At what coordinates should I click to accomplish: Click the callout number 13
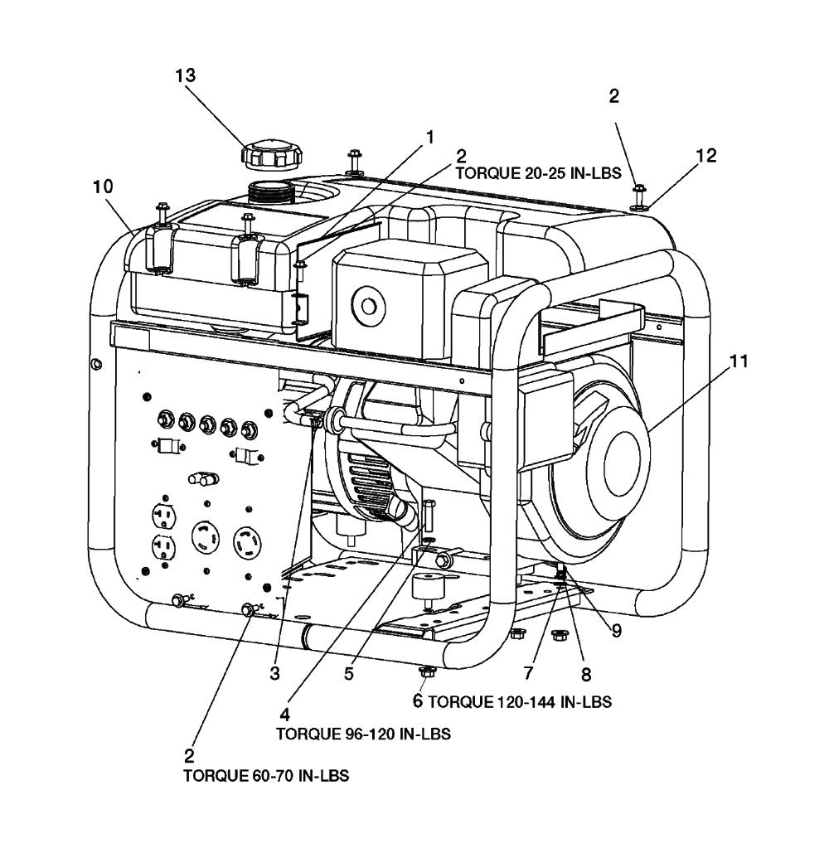tap(186, 75)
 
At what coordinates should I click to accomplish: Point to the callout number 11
tap(739, 361)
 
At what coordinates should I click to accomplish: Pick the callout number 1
tap(429, 135)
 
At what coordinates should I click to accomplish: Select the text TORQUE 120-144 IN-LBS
tap(520, 702)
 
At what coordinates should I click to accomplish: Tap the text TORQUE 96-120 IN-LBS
tap(363, 734)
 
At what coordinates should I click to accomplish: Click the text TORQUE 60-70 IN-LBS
tap(265, 776)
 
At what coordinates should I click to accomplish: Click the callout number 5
tap(349, 674)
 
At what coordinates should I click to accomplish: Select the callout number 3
tap(274, 674)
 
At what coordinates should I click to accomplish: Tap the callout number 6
tap(419, 701)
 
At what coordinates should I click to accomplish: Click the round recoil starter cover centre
tap(623, 461)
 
